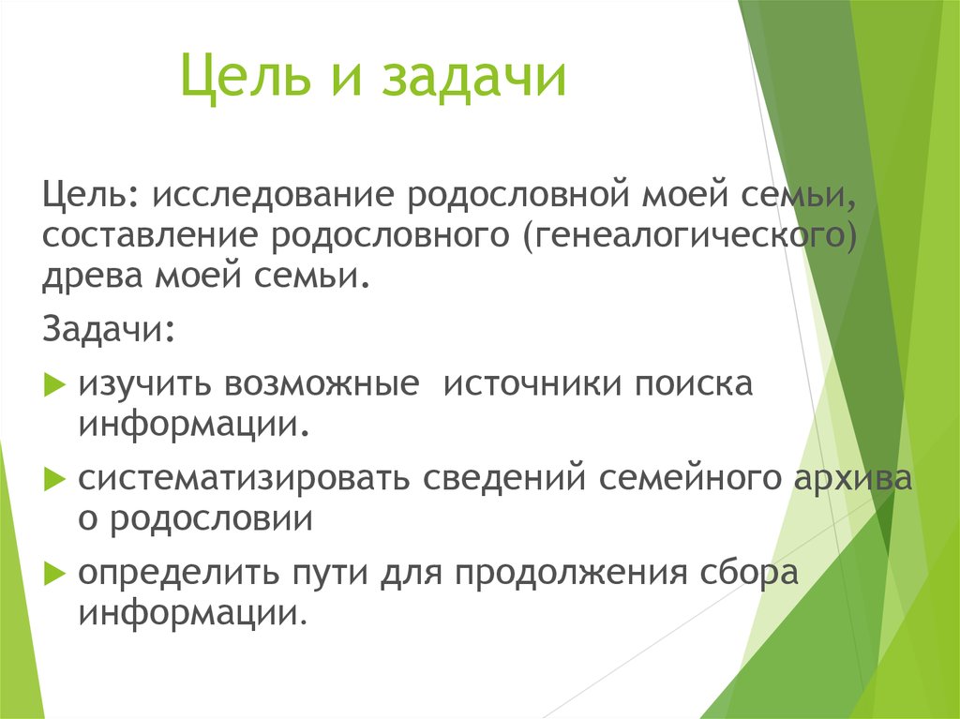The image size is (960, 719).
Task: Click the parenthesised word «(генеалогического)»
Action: click(x=689, y=238)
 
